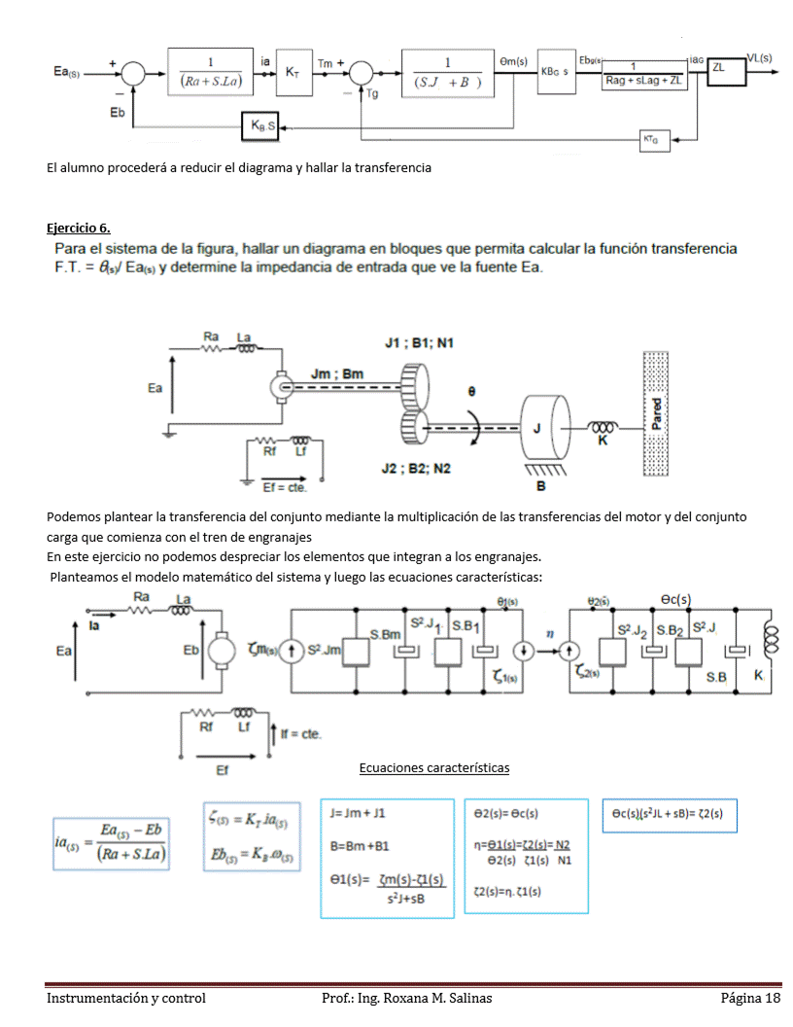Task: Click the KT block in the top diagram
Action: click(293, 73)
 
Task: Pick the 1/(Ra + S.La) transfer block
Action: click(211, 72)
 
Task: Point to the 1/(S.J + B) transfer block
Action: click(448, 72)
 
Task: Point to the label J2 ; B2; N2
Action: click(416, 469)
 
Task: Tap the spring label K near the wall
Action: click(603, 441)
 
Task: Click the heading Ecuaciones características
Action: click(433, 768)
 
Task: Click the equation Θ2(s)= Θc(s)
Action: click(506, 813)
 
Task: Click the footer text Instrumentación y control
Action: click(126, 999)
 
